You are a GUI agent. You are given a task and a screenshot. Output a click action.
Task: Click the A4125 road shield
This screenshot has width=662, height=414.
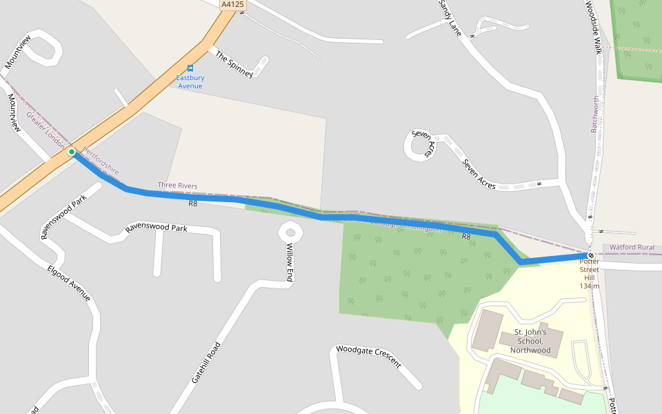[232, 5]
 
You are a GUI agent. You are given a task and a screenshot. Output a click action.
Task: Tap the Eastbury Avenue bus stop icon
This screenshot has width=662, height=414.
[190, 68]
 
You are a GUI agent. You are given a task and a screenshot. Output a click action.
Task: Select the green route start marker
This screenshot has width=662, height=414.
[72, 152]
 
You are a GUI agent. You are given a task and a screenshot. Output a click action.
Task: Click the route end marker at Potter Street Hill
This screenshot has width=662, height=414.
[591, 255]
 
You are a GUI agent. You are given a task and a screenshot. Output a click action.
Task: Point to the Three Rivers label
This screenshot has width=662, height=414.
[177, 186]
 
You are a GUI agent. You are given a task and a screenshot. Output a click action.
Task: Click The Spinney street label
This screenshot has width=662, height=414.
[234, 63]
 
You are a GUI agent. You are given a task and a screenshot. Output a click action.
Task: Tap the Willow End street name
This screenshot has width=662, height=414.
[290, 262]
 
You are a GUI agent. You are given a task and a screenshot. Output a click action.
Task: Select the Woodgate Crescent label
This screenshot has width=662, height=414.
[368, 356]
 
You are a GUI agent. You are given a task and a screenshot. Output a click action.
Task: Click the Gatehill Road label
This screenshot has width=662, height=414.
[206, 362]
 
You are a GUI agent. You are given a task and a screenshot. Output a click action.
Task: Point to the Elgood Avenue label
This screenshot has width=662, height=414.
[69, 283]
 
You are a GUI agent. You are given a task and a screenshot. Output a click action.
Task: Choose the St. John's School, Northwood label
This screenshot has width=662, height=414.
[530, 341]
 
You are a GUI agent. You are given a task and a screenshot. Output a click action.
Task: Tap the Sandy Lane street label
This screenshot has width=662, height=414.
[450, 17]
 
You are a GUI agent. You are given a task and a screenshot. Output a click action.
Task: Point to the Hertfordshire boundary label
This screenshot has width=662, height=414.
[101, 160]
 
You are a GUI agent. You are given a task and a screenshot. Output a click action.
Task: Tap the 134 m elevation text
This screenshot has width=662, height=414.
[590, 286]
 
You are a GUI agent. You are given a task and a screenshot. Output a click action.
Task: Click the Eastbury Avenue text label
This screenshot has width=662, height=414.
[190, 82]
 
